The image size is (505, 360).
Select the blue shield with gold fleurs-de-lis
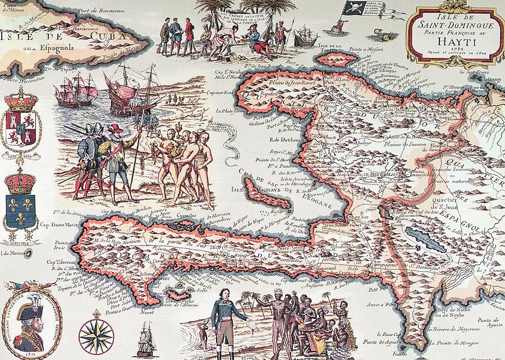[21, 206]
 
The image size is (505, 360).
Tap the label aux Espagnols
[48, 49]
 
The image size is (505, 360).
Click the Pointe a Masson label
[360, 57]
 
